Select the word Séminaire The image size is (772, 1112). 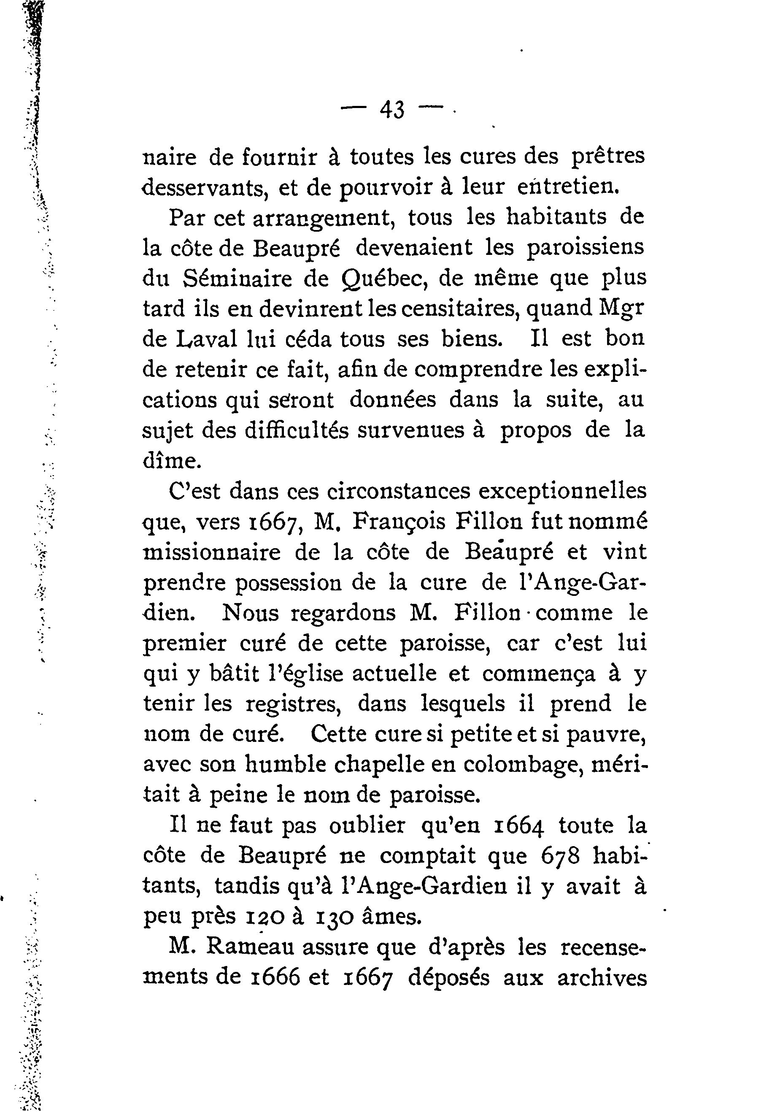[x=238, y=278]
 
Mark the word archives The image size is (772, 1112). [x=602, y=977]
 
